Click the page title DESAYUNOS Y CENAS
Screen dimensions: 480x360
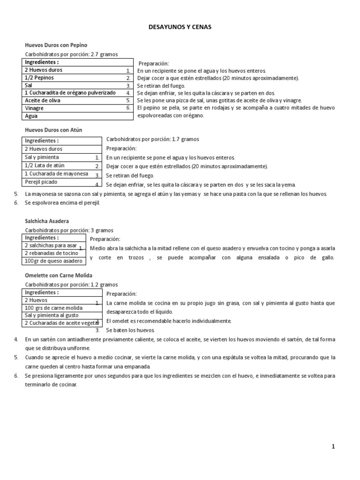[180, 27]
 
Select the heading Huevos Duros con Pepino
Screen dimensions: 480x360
[56, 45]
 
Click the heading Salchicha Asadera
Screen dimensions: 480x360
[46, 221]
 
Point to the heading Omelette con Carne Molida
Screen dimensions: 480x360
[59, 275]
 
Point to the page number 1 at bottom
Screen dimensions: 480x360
[333, 447]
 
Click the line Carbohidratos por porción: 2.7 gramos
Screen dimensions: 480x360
[71, 54]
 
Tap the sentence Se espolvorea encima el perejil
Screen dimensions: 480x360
[62, 203]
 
